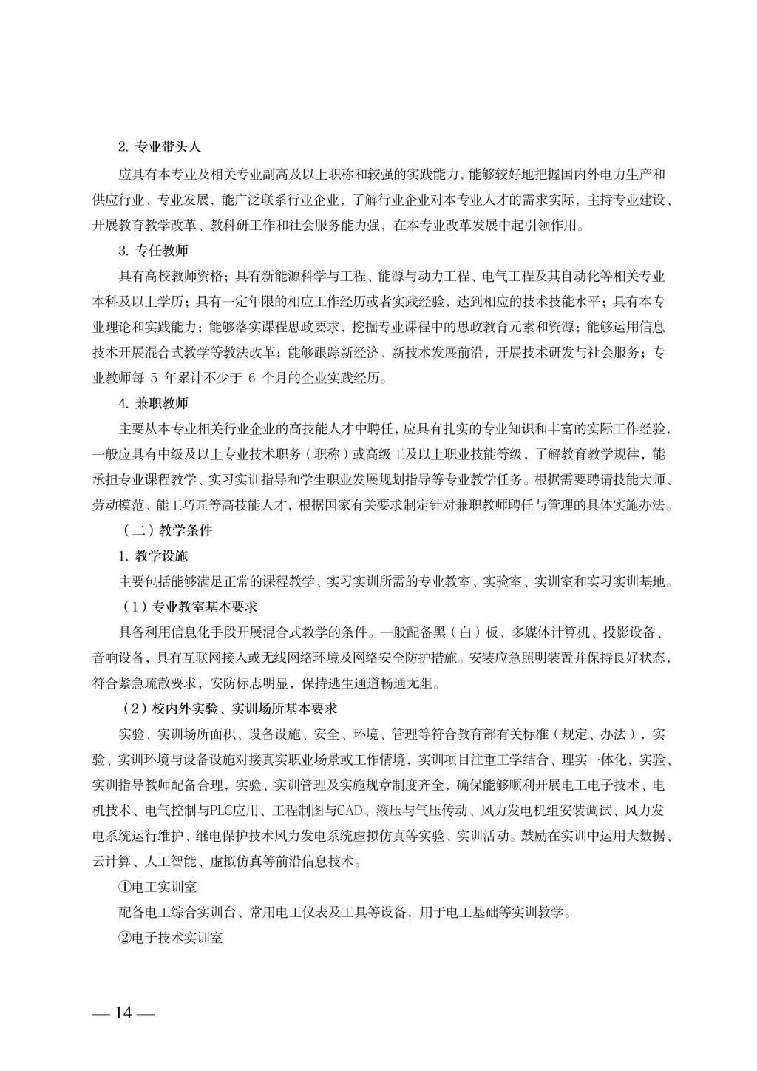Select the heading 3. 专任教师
(x=153, y=250)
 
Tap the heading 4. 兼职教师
(x=153, y=403)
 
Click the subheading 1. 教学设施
(x=153, y=556)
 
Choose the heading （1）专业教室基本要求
(x=190, y=607)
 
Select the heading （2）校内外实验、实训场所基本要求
(x=229, y=709)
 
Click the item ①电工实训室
(x=157, y=887)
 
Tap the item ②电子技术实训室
(x=171, y=938)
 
